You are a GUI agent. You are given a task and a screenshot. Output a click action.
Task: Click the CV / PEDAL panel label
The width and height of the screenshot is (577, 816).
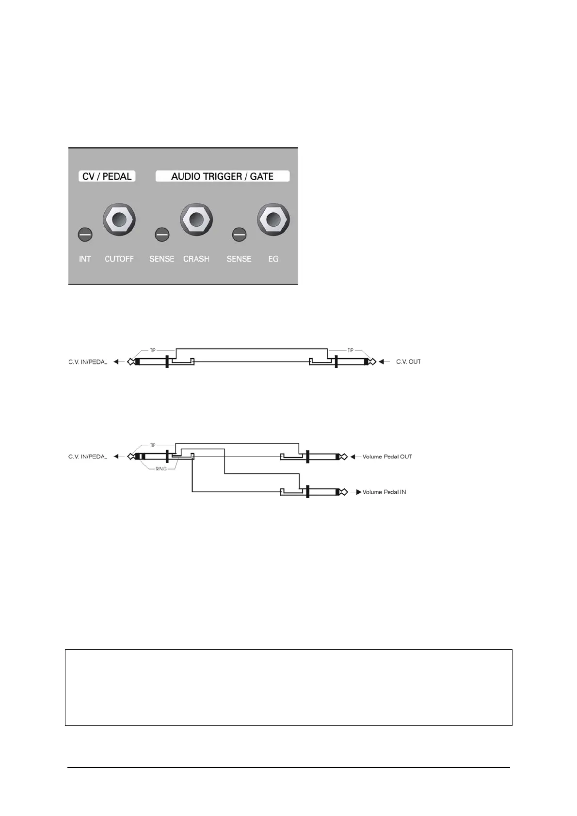[107, 176]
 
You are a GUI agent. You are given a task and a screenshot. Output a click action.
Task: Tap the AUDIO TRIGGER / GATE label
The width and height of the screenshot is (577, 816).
[222, 176]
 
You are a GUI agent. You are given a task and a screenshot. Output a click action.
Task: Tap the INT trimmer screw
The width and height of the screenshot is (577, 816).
[85, 235]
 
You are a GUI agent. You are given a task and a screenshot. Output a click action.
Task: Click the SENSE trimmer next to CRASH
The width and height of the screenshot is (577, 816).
[162, 235]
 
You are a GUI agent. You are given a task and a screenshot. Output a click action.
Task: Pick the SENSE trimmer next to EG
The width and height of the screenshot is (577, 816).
[239, 235]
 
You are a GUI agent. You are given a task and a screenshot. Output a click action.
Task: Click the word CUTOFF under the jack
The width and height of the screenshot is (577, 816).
[119, 259]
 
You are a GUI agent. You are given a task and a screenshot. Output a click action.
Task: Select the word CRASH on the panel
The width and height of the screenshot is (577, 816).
[196, 259]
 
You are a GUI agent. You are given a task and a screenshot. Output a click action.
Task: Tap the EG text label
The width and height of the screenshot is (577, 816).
[273, 259]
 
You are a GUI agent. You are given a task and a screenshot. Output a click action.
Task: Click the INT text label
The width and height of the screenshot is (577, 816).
[85, 259]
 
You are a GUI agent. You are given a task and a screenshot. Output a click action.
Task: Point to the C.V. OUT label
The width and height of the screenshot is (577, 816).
[408, 362]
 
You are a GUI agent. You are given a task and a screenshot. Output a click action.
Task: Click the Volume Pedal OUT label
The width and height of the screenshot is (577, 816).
[387, 457]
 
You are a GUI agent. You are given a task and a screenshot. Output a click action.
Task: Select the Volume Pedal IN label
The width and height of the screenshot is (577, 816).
[384, 492]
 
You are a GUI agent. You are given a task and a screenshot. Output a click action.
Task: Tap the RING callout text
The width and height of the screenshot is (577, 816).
[161, 469]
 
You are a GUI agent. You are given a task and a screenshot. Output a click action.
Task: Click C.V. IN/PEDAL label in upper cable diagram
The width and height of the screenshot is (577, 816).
[88, 362]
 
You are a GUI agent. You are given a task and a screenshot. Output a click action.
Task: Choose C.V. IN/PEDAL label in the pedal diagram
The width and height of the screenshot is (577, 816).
[88, 457]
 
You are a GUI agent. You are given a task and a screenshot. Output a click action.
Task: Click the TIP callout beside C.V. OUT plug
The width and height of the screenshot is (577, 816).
[351, 350]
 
